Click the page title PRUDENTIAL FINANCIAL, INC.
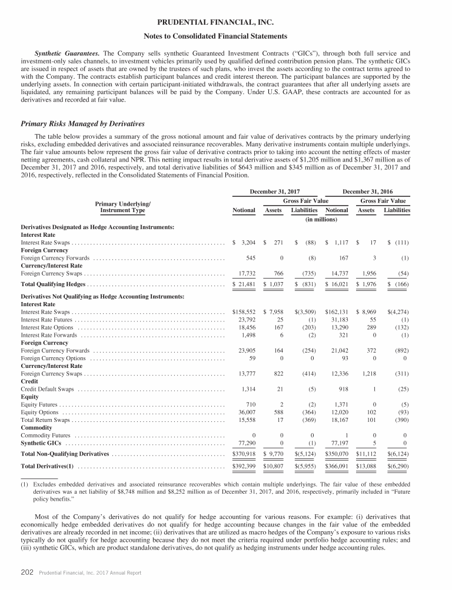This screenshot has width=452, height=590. (225, 23)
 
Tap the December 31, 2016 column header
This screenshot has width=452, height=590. (368, 192)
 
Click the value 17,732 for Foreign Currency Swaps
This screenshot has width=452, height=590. (244, 273)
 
